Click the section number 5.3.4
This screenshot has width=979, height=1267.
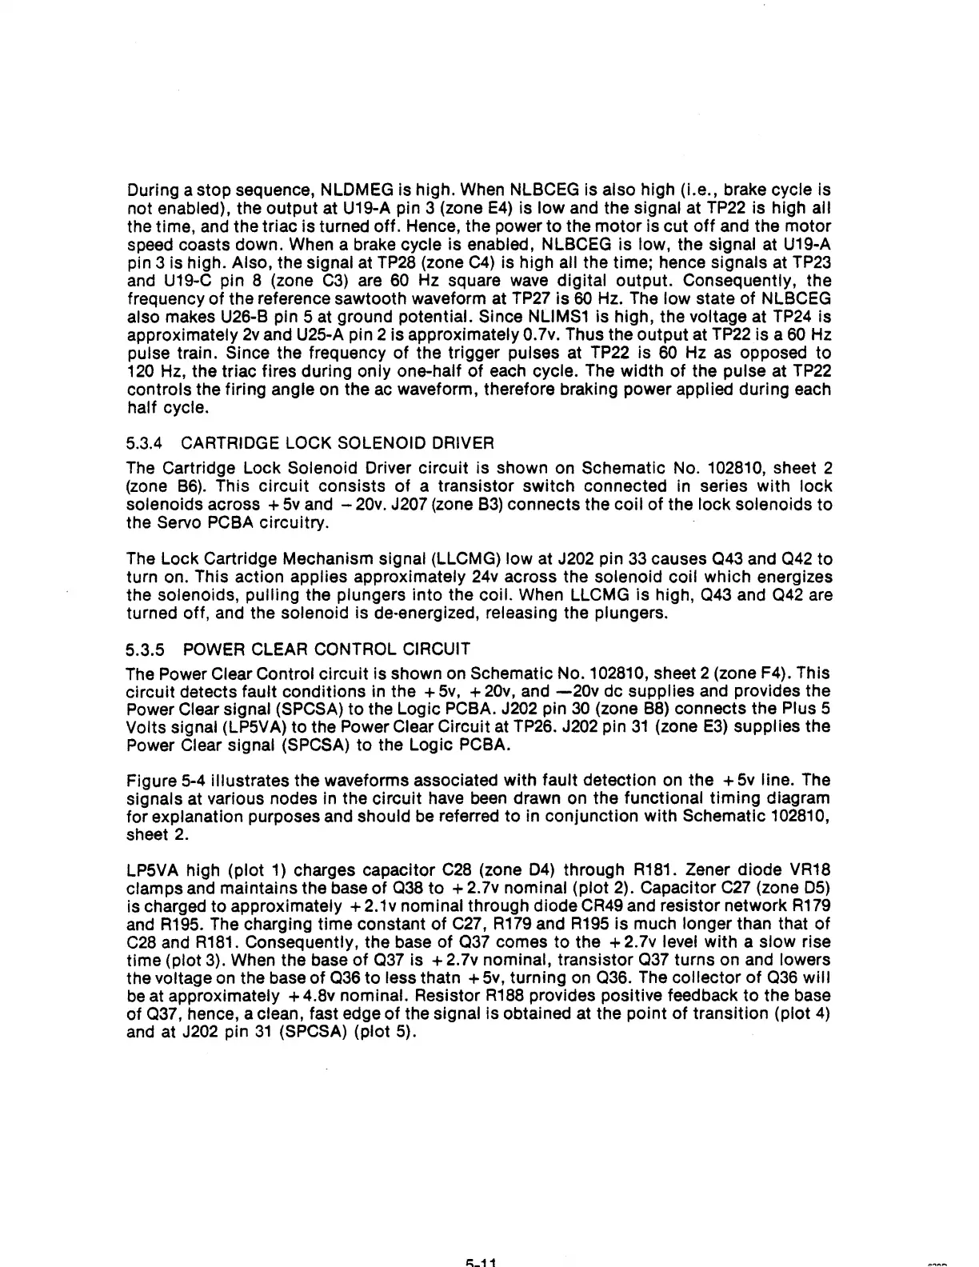(145, 443)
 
